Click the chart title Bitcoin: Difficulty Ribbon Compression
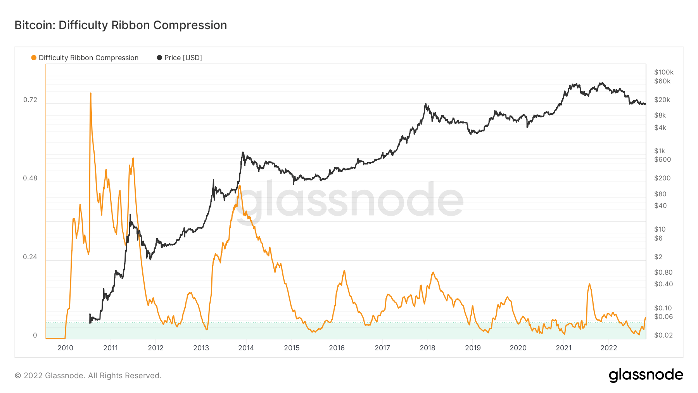[121, 25]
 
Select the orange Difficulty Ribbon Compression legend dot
[34, 58]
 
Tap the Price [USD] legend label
[183, 58]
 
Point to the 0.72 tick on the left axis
[30, 100]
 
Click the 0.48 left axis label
[30, 178]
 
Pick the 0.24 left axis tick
[30, 257]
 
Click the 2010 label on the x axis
[65, 348]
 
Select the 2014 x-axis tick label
[246, 348]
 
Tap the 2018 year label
[427, 348]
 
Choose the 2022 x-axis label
[608, 348]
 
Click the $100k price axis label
[663, 72]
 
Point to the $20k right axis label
[662, 100]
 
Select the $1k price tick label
[659, 151]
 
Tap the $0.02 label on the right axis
[663, 335]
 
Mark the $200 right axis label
[662, 178]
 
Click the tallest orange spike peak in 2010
[91, 93]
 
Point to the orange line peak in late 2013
[240, 186]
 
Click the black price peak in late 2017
[426, 104]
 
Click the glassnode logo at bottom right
[646, 375]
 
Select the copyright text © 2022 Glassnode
[88, 376]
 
